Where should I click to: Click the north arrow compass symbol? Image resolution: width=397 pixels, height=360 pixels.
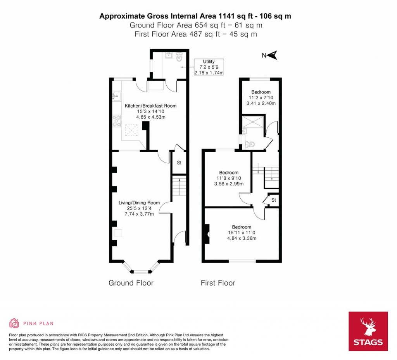click(272, 55)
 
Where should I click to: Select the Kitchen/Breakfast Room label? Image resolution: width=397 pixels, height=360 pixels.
click(150, 106)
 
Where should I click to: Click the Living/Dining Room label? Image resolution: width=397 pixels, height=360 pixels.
click(139, 202)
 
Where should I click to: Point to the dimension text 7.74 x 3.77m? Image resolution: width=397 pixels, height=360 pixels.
click(139, 214)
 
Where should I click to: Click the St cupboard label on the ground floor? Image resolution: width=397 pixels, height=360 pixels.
click(179, 163)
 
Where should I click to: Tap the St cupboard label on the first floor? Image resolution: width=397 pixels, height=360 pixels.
click(273, 200)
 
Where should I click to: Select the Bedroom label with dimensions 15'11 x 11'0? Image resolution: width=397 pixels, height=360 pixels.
click(242, 227)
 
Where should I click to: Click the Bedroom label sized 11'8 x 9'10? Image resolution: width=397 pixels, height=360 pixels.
click(229, 173)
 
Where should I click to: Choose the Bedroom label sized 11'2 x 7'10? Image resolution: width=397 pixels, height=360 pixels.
click(261, 92)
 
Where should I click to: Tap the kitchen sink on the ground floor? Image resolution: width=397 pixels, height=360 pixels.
click(117, 95)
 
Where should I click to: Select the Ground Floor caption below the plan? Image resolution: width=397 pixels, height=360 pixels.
click(131, 283)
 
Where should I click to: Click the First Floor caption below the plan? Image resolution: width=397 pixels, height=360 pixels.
click(217, 283)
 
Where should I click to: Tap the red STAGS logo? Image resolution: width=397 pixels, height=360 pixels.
click(368, 331)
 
